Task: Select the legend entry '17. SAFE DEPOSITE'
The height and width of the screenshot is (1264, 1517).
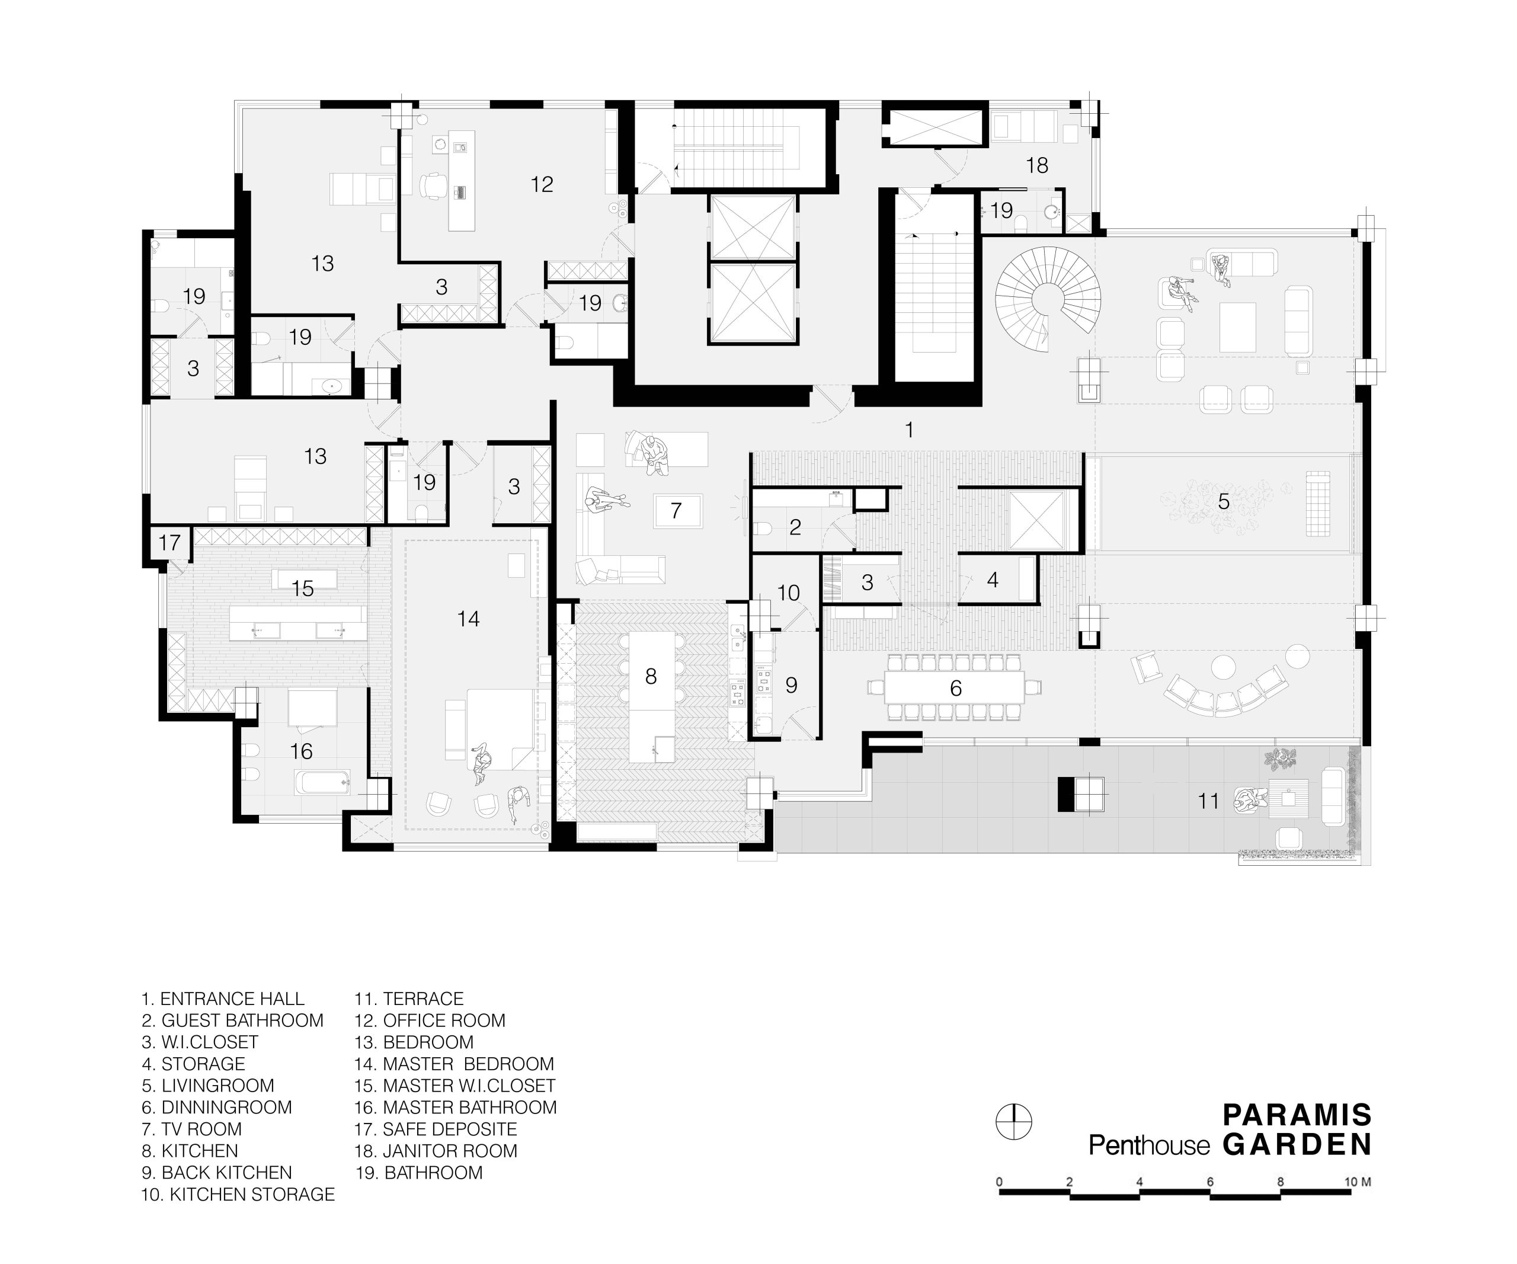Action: [x=436, y=1129]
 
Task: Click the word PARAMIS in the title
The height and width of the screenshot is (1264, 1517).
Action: [x=1297, y=1115]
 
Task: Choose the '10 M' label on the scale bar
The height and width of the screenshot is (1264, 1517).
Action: [x=1358, y=1182]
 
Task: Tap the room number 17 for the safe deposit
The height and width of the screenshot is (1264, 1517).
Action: [x=169, y=542]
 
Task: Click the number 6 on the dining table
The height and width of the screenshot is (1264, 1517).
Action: [x=956, y=689]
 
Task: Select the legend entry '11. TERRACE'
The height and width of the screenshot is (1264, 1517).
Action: [x=409, y=999]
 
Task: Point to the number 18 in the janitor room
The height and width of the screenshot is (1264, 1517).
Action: [x=1036, y=165]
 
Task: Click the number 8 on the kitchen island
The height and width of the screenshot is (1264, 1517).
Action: [x=651, y=676]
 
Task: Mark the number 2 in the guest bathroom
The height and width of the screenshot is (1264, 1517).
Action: [x=795, y=527]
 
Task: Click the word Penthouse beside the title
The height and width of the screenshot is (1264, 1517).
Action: [x=1150, y=1145]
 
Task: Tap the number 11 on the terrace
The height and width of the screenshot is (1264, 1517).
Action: [x=1208, y=801]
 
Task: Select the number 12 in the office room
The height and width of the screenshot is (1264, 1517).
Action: [x=542, y=185]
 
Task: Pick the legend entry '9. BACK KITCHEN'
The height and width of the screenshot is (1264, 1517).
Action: [x=217, y=1172]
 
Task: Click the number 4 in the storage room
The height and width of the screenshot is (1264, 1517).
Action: [x=993, y=580]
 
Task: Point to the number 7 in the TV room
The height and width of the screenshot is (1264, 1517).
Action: [x=676, y=511]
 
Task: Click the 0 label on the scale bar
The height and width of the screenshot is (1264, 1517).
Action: [x=999, y=1182]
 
